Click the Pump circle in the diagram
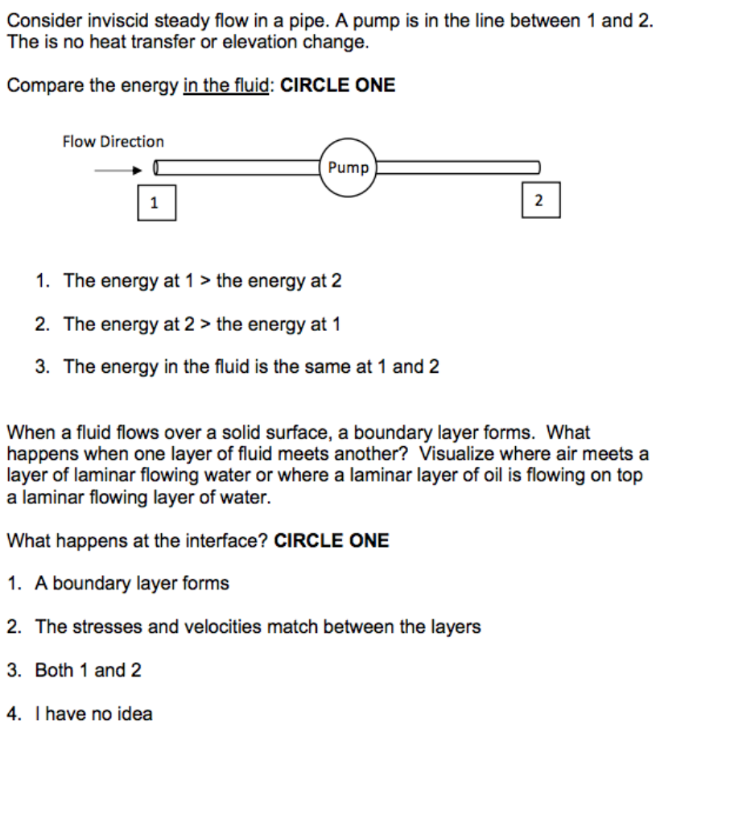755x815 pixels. click(348, 168)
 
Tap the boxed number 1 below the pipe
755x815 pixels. click(155, 202)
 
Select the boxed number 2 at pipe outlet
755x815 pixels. click(539, 200)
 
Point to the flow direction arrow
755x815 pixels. click(118, 170)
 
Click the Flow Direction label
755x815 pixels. click(113, 142)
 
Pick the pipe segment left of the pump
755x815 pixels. click(237, 168)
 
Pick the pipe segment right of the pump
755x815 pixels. click(457, 168)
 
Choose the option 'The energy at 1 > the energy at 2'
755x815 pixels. click(202, 281)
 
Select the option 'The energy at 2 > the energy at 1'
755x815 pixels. click(202, 325)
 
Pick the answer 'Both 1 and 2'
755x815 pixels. click(88, 670)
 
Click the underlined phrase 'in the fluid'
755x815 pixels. click(225, 86)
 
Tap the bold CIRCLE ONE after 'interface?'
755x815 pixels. click(332, 540)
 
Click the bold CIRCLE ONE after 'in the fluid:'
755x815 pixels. click(338, 86)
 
